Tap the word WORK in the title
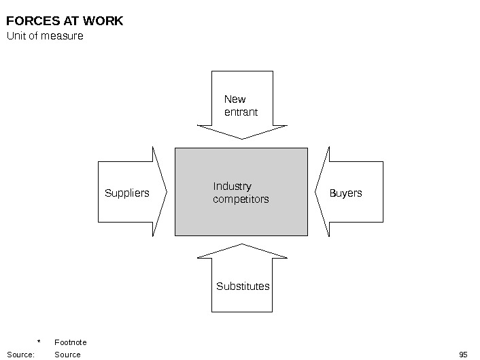tap(104, 21)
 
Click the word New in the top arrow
tap(235, 99)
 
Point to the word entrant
tap(241, 112)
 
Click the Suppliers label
tap(126, 193)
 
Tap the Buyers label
tap(345, 193)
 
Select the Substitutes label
tap(243, 287)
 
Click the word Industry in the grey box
tap(232, 186)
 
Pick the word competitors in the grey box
tap(241, 199)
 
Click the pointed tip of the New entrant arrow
tap(242, 138)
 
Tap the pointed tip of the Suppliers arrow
tap(167, 192)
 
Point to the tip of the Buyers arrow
tap(316, 192)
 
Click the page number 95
tap(464, 355)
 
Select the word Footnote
tap(70, 342)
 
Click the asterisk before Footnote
tap(39, 342)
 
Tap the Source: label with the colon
tap(20, 355)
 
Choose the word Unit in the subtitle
tap(15, 36)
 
